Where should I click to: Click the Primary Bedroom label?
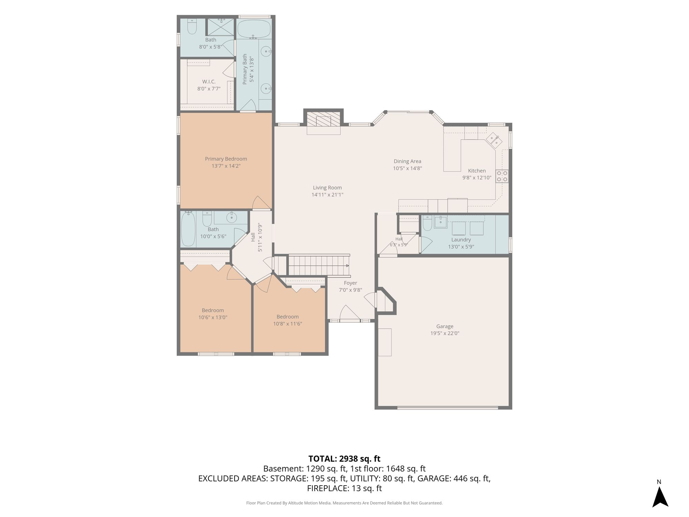tap(226, 159)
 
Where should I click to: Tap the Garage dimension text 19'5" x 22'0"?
tap(445, 333)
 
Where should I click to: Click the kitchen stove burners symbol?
tap(502, 176)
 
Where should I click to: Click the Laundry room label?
tap(461, 240)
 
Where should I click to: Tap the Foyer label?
tap(350, 283)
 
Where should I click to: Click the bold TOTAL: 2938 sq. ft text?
tap(344, 459)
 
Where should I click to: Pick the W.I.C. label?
tap(209, 82)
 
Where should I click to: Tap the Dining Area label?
tap(408, 161)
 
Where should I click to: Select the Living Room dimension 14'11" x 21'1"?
tap(327, 195)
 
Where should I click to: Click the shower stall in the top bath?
tap(220, 27)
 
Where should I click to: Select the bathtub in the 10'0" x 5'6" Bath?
tap(188, 229)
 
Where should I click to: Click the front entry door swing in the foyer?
tap(350, 312)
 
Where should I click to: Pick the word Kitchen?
tap(477, 171)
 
